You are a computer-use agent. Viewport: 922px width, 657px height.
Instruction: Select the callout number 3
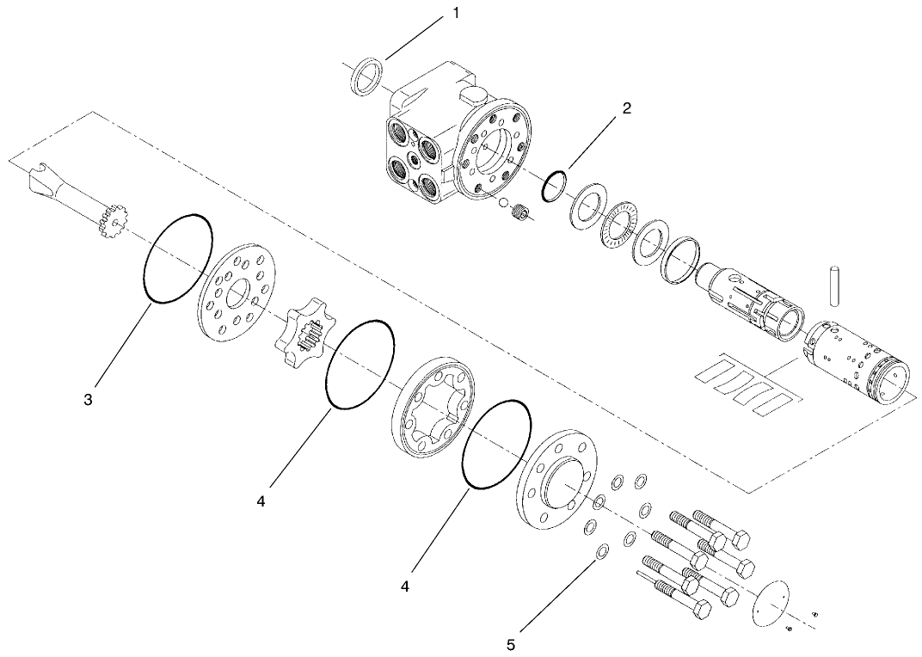coord(89,401)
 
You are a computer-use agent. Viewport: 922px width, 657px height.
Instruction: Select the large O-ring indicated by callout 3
coord(178,257)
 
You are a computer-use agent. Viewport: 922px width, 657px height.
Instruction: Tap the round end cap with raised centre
coord(559,477)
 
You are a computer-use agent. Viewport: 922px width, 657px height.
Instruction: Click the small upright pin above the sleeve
coord(833,286)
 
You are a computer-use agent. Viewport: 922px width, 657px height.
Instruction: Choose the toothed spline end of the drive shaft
coord(110,220)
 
